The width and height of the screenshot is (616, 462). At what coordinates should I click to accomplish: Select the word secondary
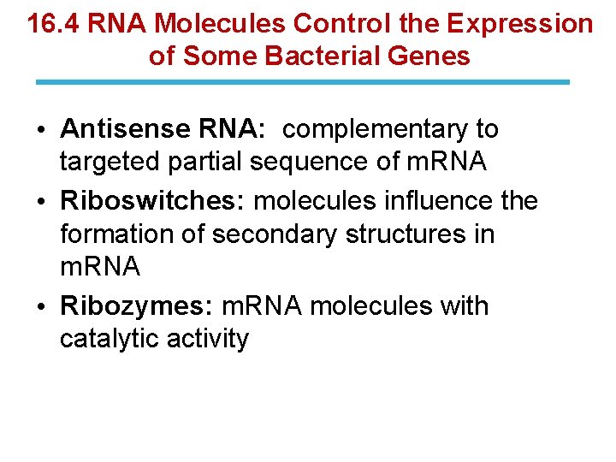269,234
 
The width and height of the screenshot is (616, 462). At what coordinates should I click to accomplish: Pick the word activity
211,339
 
